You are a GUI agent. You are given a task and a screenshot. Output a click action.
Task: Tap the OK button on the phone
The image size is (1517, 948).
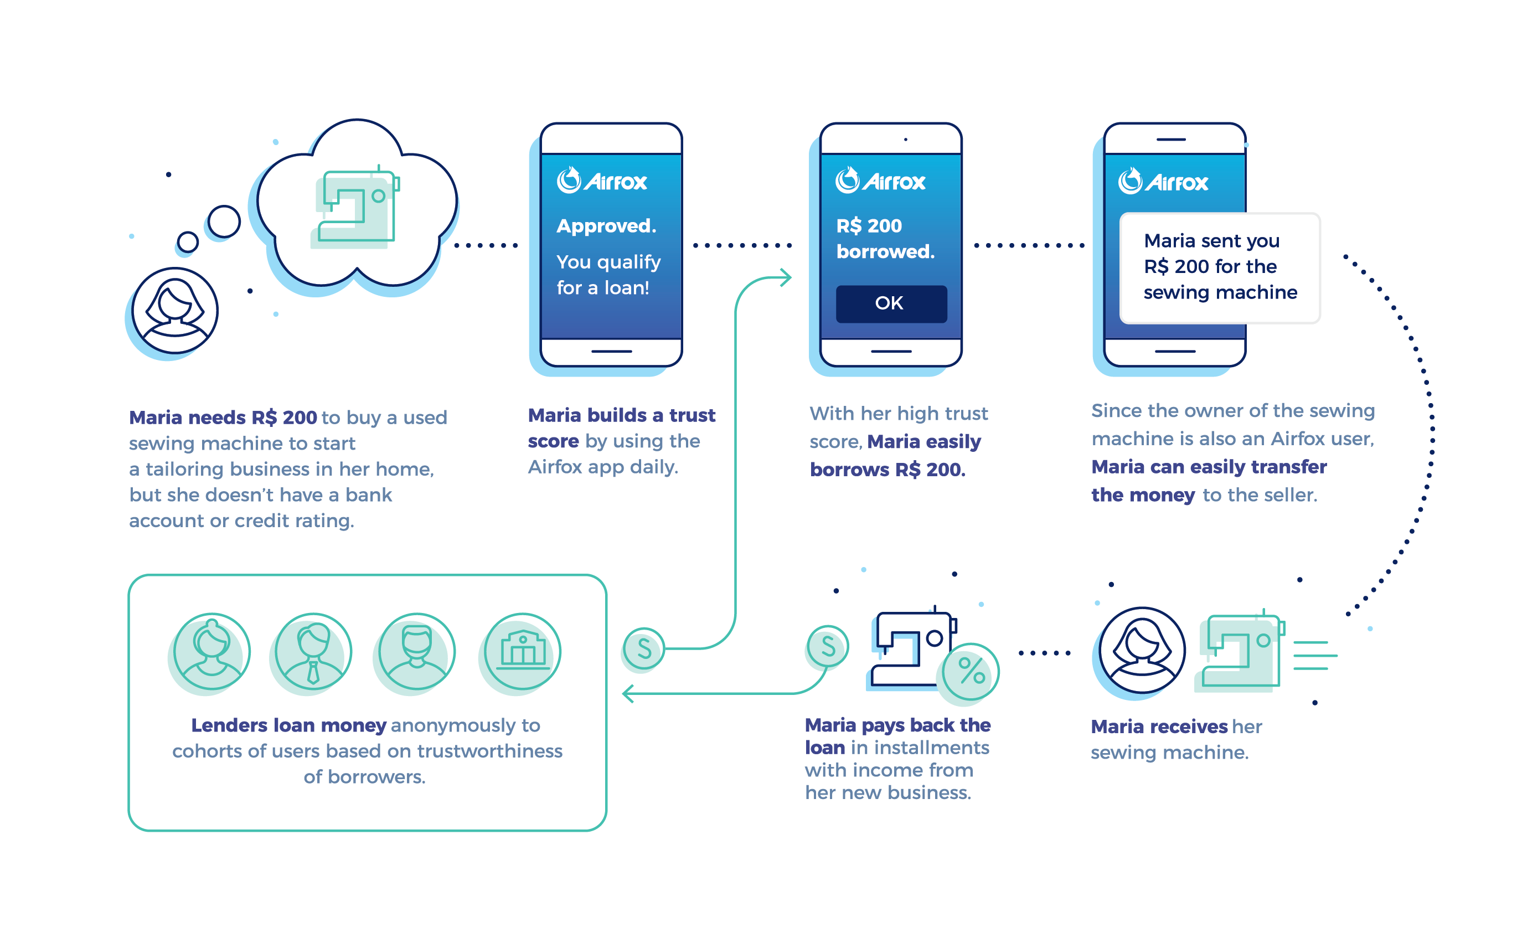click(x=891, y=303)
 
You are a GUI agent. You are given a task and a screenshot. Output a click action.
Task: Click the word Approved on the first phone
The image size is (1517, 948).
click(x=606, y=226)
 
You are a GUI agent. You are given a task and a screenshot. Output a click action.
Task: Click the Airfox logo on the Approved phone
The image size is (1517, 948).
click(x=601, y=181)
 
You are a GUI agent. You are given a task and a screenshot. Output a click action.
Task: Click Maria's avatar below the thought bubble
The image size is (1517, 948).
click(x=174, y=310)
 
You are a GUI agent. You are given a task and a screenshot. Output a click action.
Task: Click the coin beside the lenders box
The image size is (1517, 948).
click(x=644, y=648)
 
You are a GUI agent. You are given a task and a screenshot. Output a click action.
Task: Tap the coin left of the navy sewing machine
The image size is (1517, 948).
click(x=828, y=646)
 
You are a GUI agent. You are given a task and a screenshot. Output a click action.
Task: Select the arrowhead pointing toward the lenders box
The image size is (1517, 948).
click(x=628, y=693)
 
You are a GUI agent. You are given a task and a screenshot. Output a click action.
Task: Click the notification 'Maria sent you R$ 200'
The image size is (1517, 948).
click(x=1219, y=267)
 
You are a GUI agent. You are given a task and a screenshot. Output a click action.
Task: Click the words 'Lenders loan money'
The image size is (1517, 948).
click(x=288, y=725)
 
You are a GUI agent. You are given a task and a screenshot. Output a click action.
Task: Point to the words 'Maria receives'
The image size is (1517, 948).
click(x=1158, y=727)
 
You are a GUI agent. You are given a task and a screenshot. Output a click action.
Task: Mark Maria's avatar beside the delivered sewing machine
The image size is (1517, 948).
click(x=1142, y=650)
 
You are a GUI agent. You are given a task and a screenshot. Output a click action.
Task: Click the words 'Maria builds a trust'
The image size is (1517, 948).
click(x=621, y=415)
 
